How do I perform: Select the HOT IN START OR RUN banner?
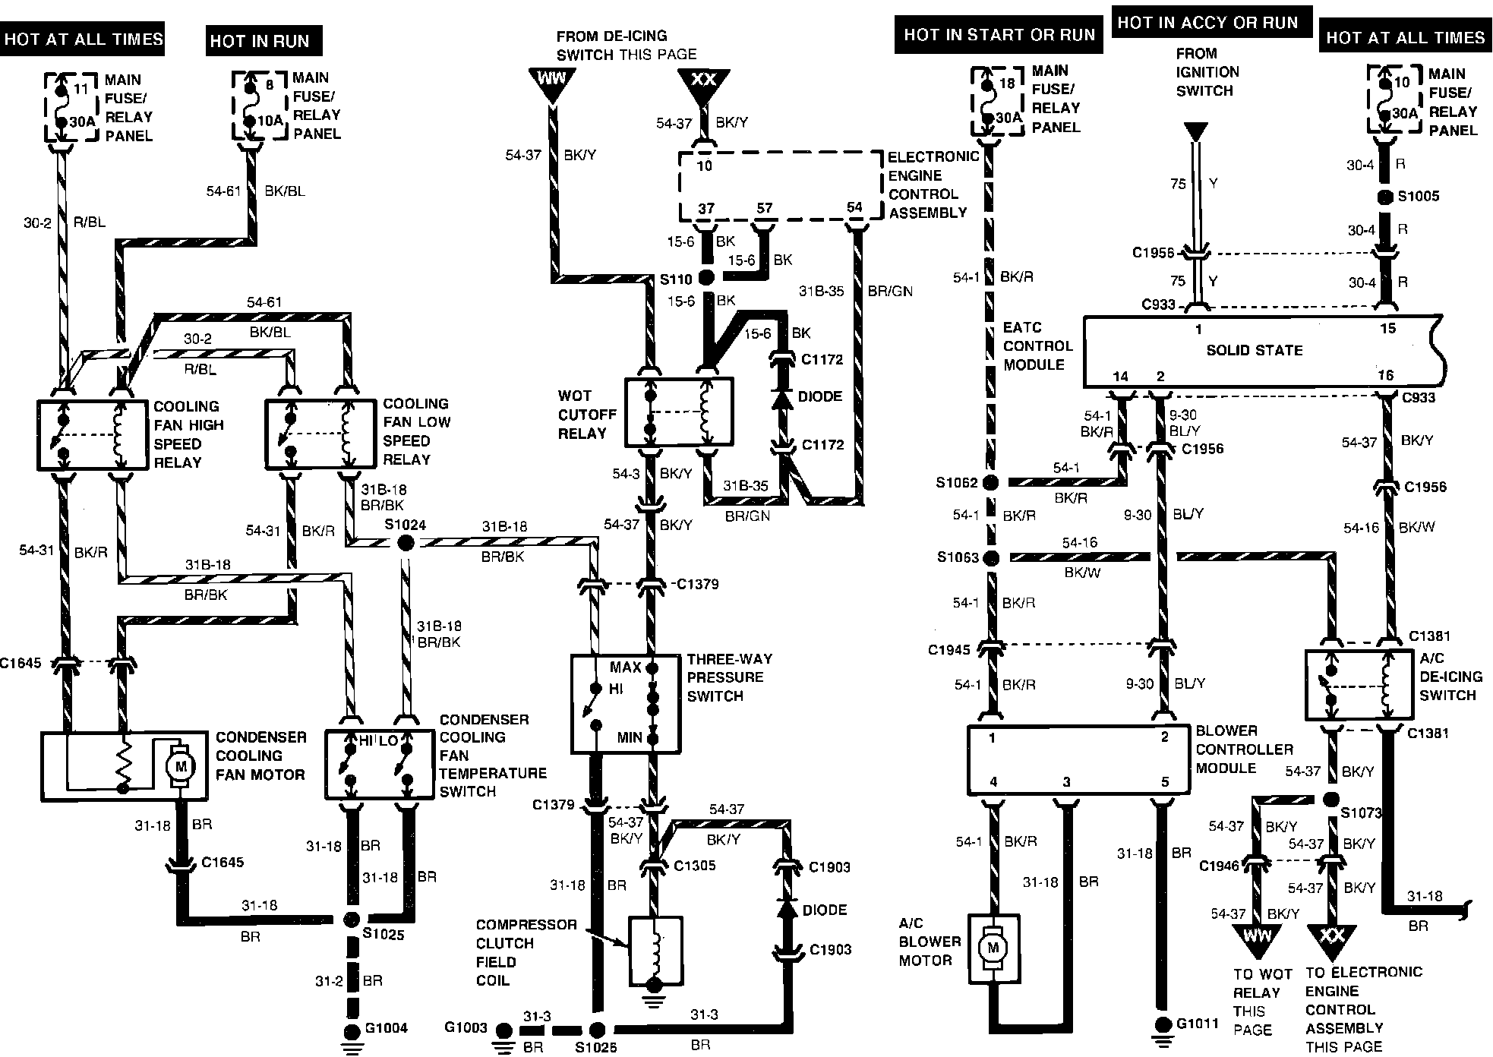coord(999,35)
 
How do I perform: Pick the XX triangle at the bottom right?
coord(1331,939)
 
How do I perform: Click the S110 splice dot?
coord(706,278)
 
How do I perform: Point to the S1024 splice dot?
coord(406,542)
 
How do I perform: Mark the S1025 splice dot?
coord(351,920)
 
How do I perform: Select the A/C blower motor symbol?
coord(991,948)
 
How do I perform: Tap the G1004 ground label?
coord(387,1028)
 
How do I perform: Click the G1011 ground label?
coord(1198,1024)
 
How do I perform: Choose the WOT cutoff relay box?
coord(678,412)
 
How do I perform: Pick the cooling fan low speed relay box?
coord(320,434)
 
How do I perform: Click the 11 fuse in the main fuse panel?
coord(71,106)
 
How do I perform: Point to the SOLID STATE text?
coord(1254,350)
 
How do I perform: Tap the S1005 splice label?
coord(1419,196)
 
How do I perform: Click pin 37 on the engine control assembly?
coord(706,208)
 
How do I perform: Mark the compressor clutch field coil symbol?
coord(655,949)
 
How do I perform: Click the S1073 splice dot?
coord(1330,800)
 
